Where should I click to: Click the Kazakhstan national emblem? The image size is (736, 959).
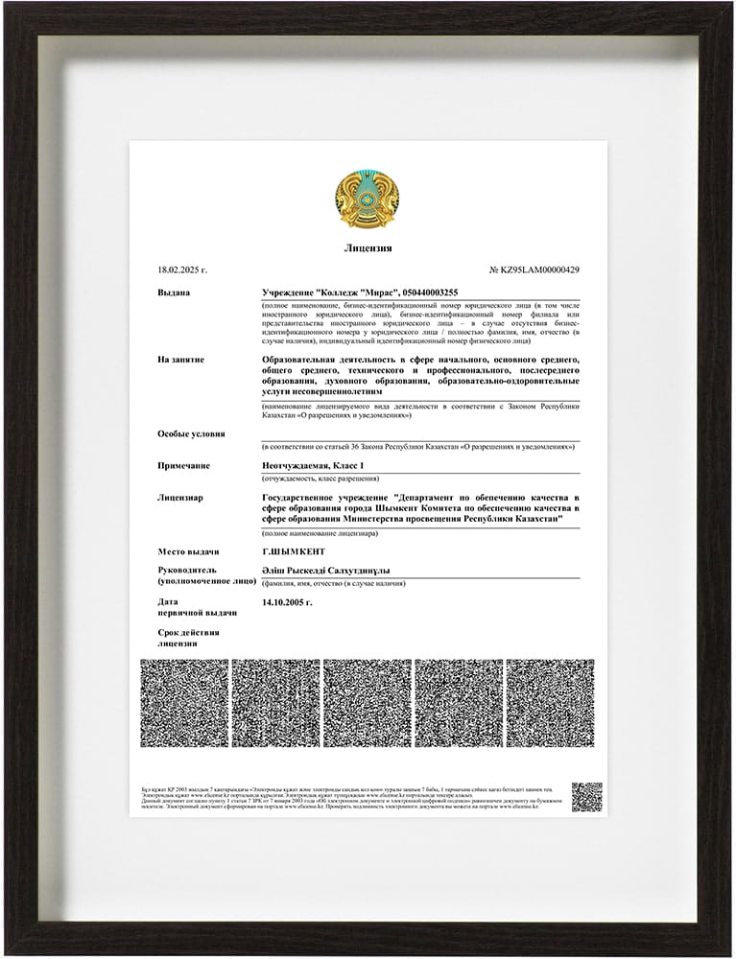point(368,199)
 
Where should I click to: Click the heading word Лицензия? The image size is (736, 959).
point(368,248)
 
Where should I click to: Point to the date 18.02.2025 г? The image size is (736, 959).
point(182,270)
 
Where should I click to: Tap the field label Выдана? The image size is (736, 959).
point(174,292)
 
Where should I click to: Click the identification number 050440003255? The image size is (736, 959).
point(428,292)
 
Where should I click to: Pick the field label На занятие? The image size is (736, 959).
point(180,360)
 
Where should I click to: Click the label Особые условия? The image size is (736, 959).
point(191,433)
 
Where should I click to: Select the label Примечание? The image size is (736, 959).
point(184,465)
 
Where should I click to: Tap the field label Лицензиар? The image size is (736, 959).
point(180,498)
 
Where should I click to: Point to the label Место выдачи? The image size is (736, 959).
point(188,551)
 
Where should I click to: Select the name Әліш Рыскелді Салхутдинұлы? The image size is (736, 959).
point(325,570)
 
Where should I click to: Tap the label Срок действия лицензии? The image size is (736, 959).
point(188,638)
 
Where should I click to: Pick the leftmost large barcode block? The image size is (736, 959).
point(184,703)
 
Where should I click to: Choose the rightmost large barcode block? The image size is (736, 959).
point(550,703)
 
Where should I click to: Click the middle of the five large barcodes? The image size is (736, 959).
point(368,703)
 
